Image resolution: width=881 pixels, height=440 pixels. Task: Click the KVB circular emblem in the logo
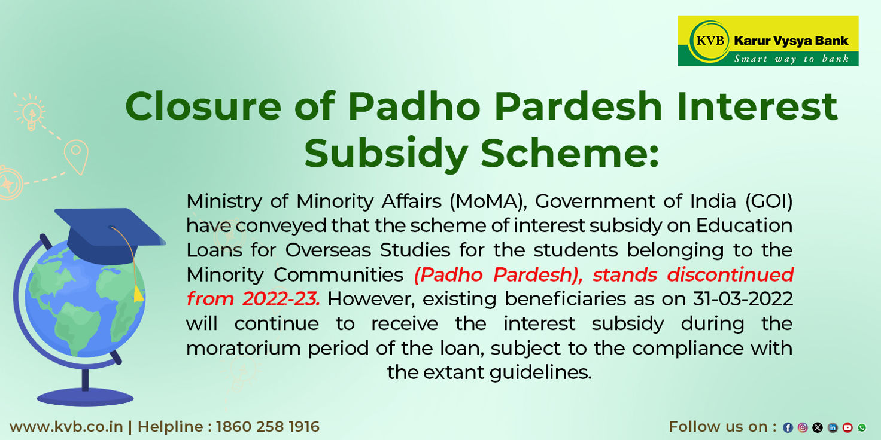(709, 41)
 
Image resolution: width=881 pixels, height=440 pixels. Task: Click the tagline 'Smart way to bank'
(791, 59)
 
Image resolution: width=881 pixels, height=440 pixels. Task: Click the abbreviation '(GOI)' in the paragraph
(768, 201)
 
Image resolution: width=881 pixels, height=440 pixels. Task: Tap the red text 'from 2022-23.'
(253, 299)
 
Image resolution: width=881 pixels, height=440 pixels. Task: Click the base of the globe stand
(85, 396)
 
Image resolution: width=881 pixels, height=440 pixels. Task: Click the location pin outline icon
(77, 155)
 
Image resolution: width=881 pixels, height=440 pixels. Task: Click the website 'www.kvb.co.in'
(66, 427)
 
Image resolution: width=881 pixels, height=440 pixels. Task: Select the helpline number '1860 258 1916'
(268, 427)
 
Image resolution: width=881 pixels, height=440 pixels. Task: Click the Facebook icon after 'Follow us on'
(788, 427)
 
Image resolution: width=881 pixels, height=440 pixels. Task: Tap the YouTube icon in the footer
(847, 427)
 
